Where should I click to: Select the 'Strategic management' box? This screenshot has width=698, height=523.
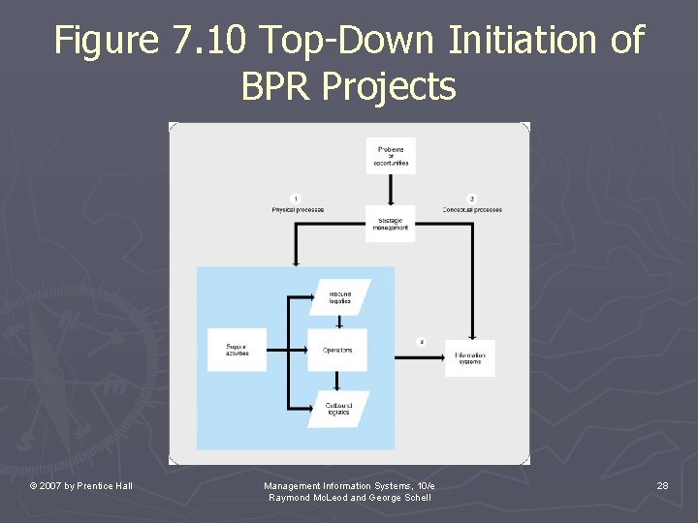tap(391, 224)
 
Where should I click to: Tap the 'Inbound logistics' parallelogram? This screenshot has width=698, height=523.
tap(339, 297)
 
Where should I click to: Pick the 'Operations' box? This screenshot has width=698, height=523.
tap(337, 350)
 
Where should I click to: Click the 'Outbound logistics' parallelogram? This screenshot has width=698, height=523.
tap(338, 409)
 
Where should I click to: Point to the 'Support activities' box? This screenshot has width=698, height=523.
tap(237, 350)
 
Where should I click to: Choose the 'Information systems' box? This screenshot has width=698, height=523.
tap(469, 358)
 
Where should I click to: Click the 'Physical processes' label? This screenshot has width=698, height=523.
tap(298, 210)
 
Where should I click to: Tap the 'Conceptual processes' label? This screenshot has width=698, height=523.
tap(472, 210)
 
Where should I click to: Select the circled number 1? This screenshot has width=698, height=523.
tap(296, 199)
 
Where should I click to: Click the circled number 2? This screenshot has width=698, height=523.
tap(472, 199)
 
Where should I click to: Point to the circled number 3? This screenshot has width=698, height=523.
tap(421, 341)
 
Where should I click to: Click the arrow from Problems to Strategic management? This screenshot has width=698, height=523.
tap(391, 190)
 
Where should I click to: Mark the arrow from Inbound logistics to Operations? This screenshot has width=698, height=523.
tap(337, 322)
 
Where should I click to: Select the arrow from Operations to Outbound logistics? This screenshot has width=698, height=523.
tap(337, 381)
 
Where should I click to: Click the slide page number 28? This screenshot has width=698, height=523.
tap(662, 485)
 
